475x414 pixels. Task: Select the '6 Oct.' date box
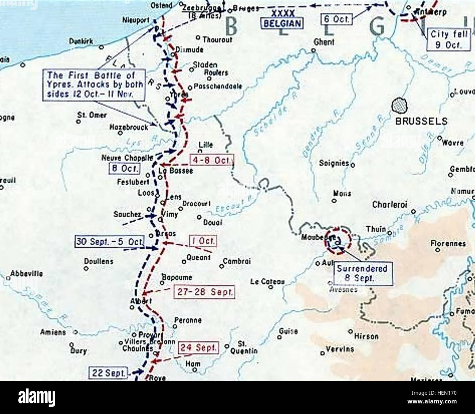click(x=337, y=19)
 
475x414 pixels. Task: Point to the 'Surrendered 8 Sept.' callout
click(x=362, y=273)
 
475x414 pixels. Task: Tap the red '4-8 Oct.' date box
click(x=211, y=160)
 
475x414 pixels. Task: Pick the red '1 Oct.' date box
click(x=202, y=241)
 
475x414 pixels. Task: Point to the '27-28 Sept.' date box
click(x=205, y=292)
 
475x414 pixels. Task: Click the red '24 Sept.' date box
click(x=198, y=348)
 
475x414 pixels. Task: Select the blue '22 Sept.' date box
click(x=108, y=373)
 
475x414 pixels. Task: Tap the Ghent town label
click(x=324, y=42)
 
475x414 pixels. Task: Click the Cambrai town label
click(x=237, y=261)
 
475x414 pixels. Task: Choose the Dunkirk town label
click(x=81, y=41)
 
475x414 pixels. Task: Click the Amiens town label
click(x=53, y=332)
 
